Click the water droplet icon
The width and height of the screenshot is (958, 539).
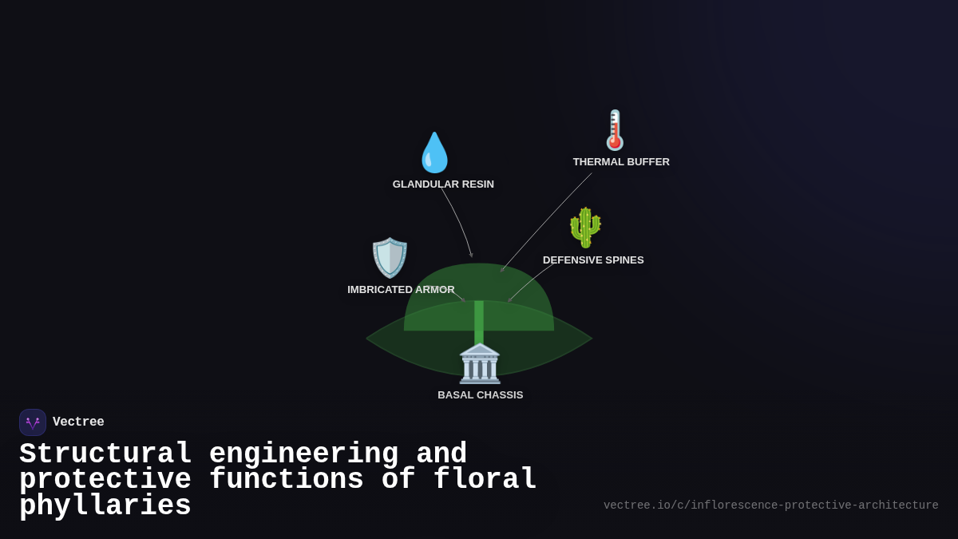(435, 153)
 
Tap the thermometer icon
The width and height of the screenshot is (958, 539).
(615, 131)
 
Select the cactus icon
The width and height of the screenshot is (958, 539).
(585, 228)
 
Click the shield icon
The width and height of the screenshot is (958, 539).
(390, 258)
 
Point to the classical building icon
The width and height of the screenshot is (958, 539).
(480, 363)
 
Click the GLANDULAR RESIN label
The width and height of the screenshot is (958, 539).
(443, 184)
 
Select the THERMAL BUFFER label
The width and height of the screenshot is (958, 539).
(621, 162)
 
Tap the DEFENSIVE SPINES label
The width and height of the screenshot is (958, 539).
(593, 260)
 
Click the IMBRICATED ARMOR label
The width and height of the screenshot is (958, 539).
(401, 290)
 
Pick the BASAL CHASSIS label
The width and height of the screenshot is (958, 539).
(480, 395)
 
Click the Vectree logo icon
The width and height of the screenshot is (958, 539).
(33, 422)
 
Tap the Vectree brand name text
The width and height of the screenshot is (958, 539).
(78, 422)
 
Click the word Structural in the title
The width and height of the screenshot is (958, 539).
(105, 454)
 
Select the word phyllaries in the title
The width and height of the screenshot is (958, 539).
(105, 506)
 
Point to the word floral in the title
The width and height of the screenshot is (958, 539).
(485, 480)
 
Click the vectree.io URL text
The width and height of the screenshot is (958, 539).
(770, 505)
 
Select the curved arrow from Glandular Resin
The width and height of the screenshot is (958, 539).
(459, 220)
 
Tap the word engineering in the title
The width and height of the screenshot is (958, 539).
(303, 454)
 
